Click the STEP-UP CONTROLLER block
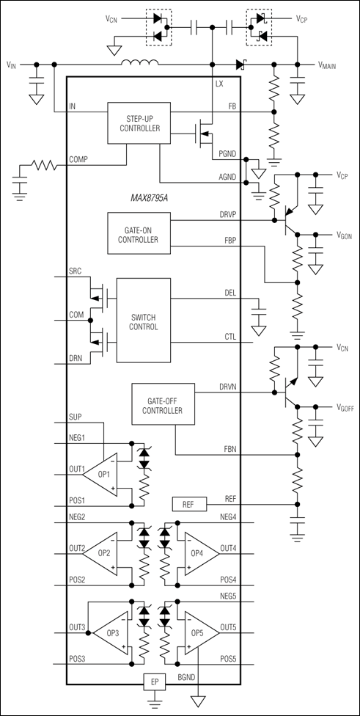(x=138, y=120)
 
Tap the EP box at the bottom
(x=153, y=682)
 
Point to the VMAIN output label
(x=331, y=65)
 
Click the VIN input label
(x=12, y=65)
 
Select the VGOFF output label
(x=345, y=409)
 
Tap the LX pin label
(x=218, y=84)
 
